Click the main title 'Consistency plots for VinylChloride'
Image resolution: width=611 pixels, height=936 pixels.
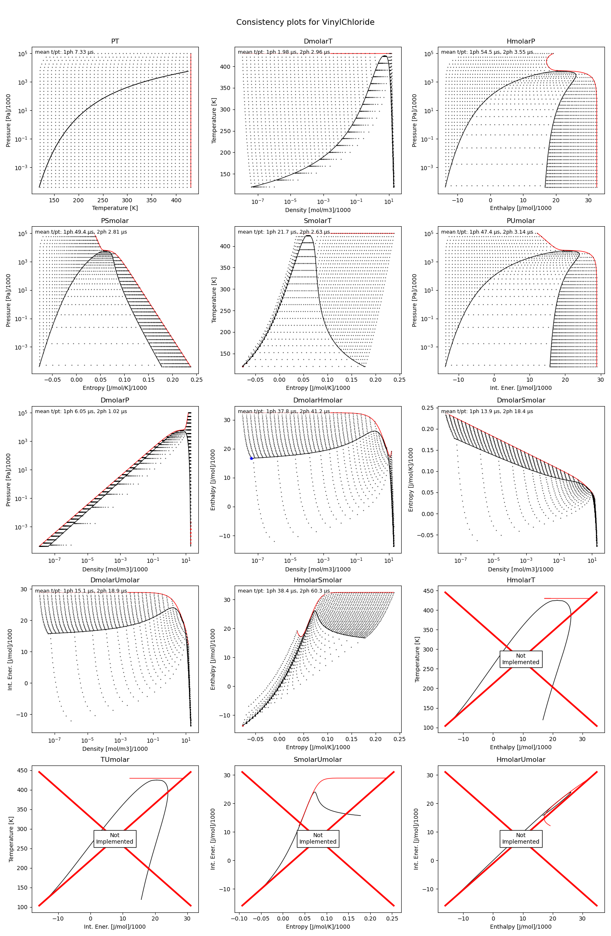click(x=305, y=22)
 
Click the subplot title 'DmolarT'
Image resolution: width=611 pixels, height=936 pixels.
click(x=318, y=42)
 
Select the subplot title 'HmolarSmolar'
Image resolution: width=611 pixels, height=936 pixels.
click(x=318, y=580)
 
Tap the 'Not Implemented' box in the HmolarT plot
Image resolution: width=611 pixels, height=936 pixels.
click(x=521, y=659)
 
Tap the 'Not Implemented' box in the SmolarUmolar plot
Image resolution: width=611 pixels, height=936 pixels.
click(x=318, y=838)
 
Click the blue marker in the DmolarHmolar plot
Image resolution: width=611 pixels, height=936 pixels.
click(x=251, y=459)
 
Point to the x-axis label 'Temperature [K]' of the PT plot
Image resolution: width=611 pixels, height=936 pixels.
click(x=115, y=208)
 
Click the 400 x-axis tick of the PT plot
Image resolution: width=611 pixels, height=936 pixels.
click(x=176, y=200)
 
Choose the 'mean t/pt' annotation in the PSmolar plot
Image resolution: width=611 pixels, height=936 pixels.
click(x=81, y=232)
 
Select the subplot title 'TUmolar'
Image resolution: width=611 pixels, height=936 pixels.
click(x=115, y=760)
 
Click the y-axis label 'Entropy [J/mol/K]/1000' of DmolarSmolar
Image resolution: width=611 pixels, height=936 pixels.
click(x=411, y=480)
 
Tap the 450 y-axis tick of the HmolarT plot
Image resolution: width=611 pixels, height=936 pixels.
click(x=429, y=591)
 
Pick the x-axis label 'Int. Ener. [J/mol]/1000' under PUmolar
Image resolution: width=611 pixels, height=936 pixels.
click(x=521, y=388)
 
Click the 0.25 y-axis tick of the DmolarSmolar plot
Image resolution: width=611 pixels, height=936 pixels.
click(x=428, y=408)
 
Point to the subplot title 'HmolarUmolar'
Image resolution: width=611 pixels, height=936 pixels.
click(x=521, y=760)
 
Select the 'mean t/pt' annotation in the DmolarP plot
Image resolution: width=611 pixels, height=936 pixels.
click(x=81, y=411)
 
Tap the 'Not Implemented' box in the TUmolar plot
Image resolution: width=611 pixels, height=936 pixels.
click(x=115, y=838)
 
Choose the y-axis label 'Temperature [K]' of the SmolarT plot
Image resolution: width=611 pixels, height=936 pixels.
click(x=214, y=300)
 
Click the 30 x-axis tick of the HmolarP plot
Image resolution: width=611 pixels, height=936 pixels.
click(x=588, y=200)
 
